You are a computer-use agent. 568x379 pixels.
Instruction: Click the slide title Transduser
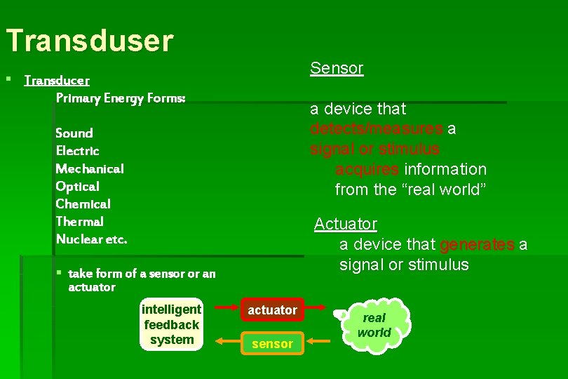point(89,41)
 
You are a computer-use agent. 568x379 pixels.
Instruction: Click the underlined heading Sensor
point(337,68)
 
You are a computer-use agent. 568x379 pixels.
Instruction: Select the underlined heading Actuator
point(345,224)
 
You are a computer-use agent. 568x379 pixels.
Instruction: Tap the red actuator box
point(272,310)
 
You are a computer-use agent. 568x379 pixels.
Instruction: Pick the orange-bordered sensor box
point(272,343)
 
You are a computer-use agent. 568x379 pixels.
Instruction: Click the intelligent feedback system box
point(171,325)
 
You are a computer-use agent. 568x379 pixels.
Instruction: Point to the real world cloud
point(374,325)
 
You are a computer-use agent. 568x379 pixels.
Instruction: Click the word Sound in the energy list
point(74,133)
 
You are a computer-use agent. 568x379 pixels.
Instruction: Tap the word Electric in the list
point(77,151)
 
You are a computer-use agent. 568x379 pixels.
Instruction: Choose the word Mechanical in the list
point(89,168)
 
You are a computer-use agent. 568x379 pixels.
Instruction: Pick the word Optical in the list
point(77,186)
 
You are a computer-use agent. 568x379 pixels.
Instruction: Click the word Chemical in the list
point(83,204)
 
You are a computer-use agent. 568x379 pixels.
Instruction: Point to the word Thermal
point(79,221)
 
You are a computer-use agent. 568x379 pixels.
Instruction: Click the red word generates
point(477,244)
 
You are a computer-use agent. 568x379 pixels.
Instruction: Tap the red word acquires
point(367,169)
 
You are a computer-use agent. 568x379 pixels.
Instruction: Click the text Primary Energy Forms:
point(121,98)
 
